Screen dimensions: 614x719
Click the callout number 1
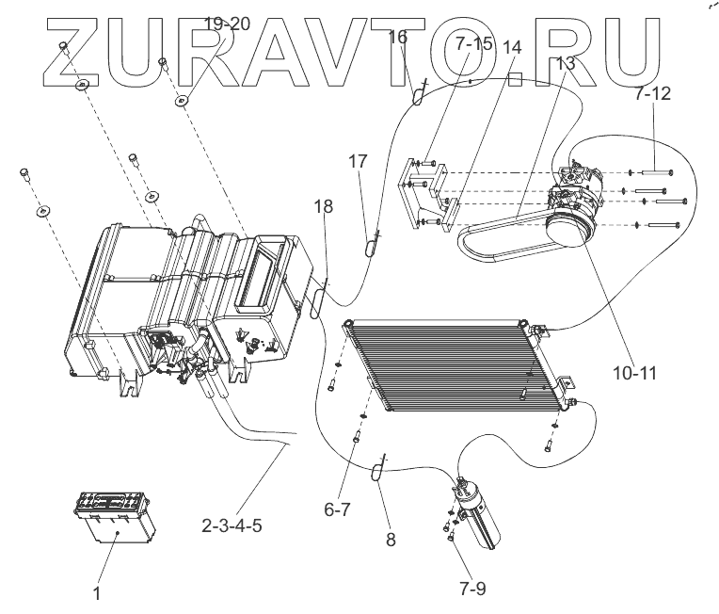pyautogui.click(x=96, y=593)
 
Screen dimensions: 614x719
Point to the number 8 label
pyautogui.click(x=390, y=541)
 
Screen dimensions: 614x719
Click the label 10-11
pyautogui.click(x=631, y=371)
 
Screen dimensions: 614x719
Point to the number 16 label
pyautogui.click(x=397, y=37)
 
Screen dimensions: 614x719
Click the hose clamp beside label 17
pyautogui.click(x=373, y=246)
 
